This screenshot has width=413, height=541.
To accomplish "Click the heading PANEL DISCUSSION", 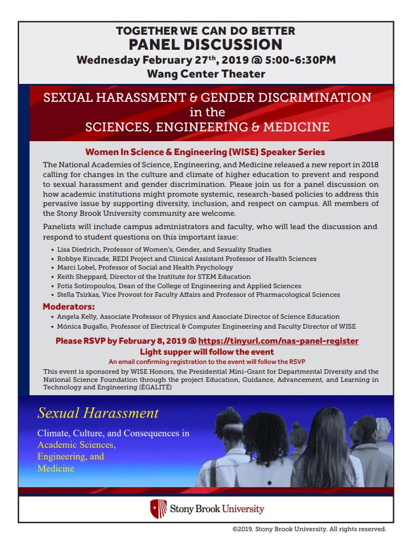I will tap(206, 45).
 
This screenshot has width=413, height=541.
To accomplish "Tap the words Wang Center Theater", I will tap(206, 73).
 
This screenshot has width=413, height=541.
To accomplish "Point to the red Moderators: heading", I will tap(69, 306).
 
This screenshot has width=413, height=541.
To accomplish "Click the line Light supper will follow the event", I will tap(207, 352).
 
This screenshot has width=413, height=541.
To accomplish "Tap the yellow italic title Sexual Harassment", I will tap(98, 413).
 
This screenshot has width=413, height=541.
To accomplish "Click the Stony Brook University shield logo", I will tap(156, 509).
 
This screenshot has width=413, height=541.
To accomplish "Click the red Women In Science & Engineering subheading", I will tap(205, 152).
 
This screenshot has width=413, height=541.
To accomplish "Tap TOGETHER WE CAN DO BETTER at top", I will tap(206, 31).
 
